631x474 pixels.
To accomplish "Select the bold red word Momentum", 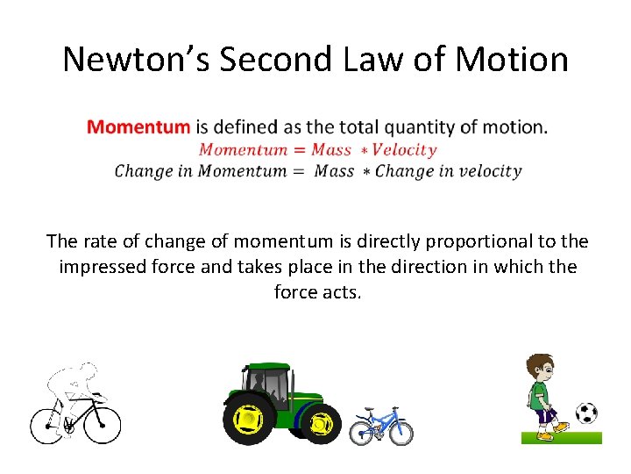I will coord(138,126).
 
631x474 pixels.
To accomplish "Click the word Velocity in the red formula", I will coord(405,149).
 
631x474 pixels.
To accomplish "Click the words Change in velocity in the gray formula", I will coord(448,171).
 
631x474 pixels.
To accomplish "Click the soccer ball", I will coord(586,413).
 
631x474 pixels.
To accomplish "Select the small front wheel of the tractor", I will coord(322,424).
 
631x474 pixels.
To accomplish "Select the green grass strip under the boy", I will coord(561,437).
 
